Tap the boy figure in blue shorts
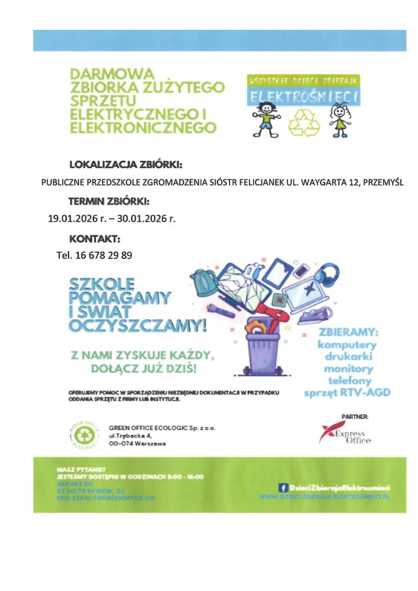pos(267,119)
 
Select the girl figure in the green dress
pos(339,120)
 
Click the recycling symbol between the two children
pos(304,123)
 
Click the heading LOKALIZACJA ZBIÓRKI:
pos(125,164)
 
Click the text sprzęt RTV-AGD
pos(347,393)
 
